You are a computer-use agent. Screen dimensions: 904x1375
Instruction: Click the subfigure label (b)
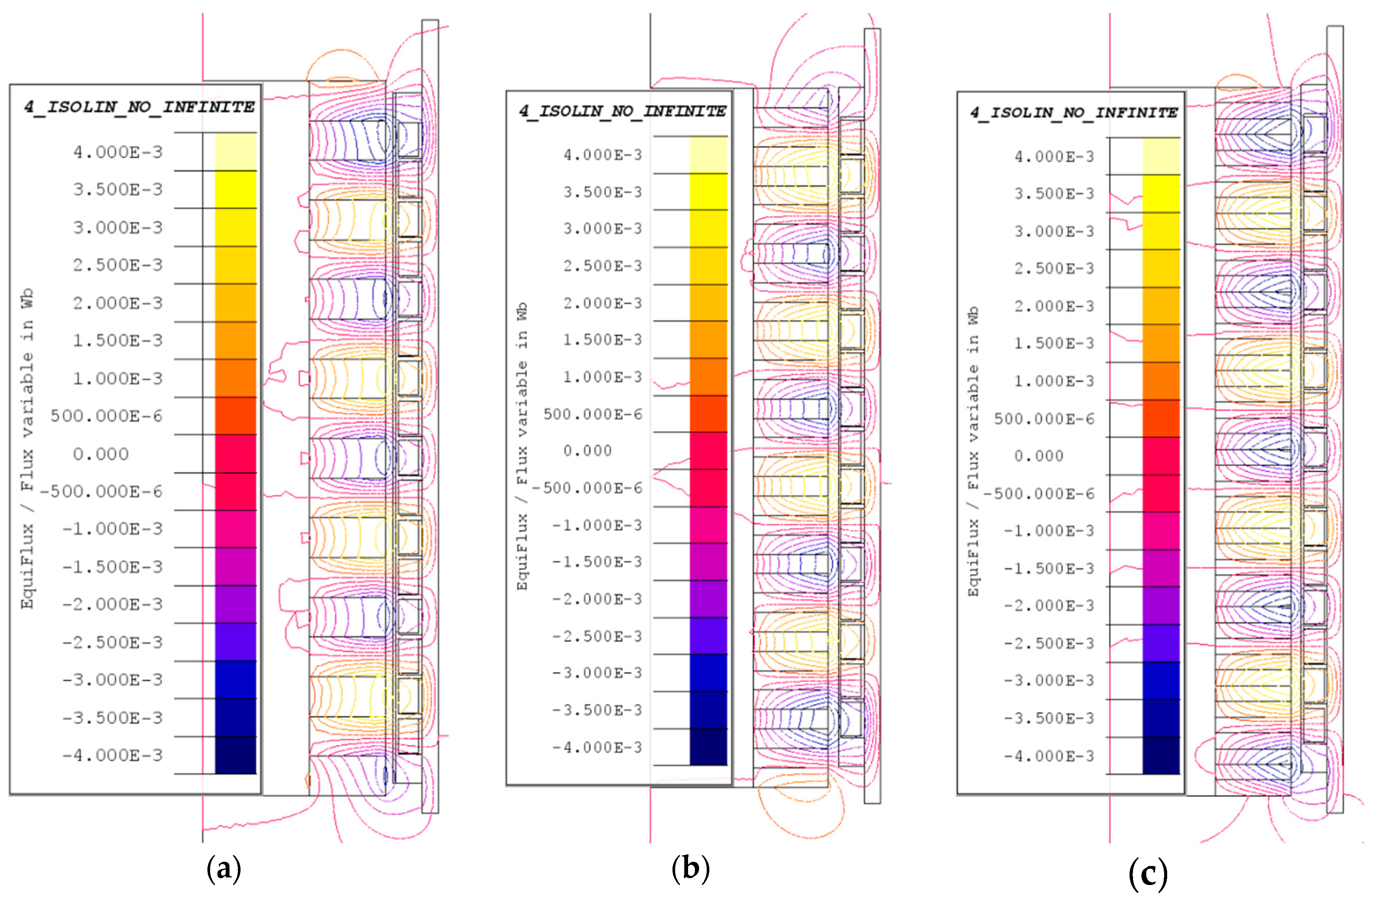click(690, 868)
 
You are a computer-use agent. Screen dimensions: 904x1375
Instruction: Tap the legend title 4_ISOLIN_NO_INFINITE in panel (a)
click(139, 107)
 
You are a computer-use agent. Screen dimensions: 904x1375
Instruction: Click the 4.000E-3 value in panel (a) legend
click(118, 152)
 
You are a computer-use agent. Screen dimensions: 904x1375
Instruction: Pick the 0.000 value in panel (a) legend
click(101, 454)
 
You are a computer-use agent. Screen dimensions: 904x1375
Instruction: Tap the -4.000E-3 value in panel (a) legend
click(113, 755)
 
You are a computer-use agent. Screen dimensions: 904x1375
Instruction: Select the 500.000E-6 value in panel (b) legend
click(593, 414)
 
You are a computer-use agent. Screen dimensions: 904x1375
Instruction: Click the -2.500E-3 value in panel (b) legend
click(597, 636)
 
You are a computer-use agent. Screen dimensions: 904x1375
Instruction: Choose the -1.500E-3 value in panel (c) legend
click(1049, 568)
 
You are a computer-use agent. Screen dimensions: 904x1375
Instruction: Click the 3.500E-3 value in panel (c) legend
click(1054, 193)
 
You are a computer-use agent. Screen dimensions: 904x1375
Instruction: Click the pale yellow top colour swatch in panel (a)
click(236, 151)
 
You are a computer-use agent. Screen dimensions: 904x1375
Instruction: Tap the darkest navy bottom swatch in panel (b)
click(708, 747)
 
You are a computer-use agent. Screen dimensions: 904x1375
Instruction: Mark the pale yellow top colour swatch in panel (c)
click(1161, 156)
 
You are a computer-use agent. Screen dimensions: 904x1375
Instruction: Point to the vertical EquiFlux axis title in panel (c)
click(973, 451)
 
